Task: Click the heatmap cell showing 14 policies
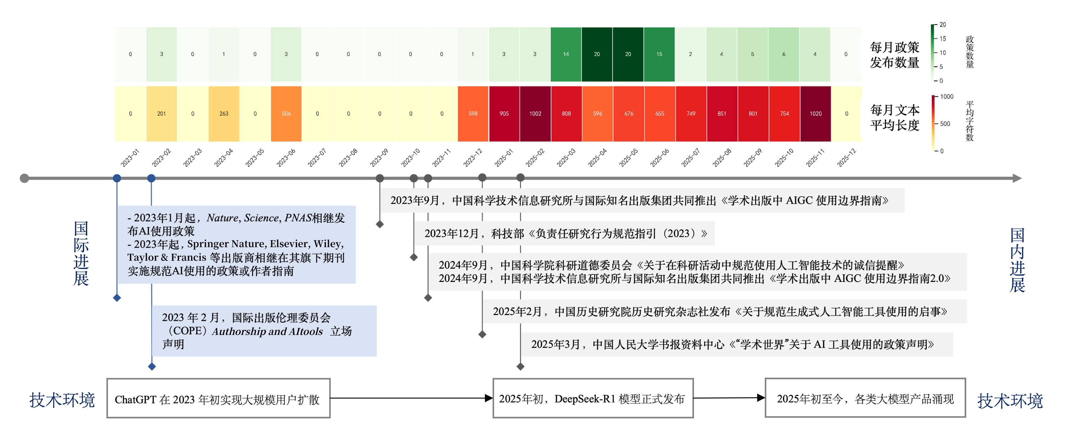click(x=566, y=54)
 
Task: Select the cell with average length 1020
click(x=815, y=114)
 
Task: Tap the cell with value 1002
click(x=535, y=114)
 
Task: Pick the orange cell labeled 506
click(x=286, y=114)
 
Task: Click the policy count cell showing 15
click(x=659, y=54)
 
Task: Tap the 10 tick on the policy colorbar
click(x=943, y=53)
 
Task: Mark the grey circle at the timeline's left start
click(x=25, y=178)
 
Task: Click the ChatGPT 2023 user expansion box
click(x=219, y=398)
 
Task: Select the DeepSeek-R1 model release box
click(x=593, y=398)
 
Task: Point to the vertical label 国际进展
click(x=81, y=253)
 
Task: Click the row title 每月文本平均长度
click(x=894, y=118)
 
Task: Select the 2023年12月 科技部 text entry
click(x=565, y=234)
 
